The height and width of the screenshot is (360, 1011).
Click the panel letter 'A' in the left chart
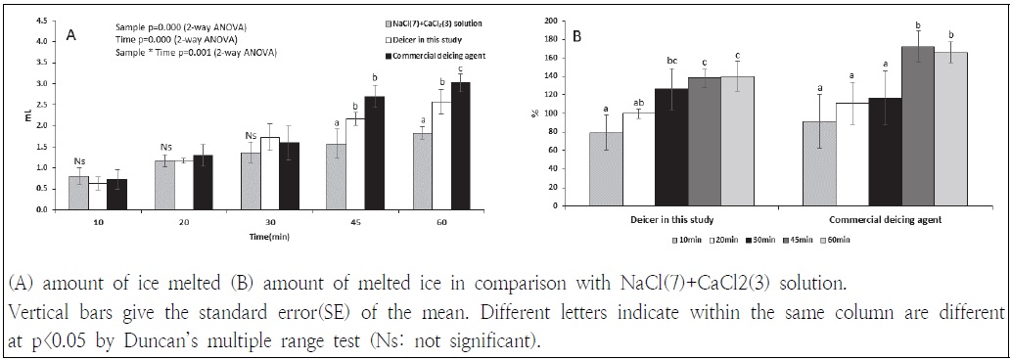pos(71,35)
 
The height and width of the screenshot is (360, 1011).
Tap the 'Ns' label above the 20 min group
pos(166,148)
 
